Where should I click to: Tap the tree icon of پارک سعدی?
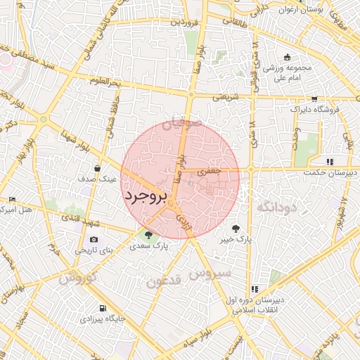148,235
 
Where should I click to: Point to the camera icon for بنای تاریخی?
94,239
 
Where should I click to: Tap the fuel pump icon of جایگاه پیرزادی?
103,308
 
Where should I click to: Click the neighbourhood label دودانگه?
278,207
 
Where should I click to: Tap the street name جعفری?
209,170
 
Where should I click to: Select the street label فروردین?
184,22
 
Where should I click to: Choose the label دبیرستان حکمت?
330,172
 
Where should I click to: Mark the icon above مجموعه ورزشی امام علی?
287,57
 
